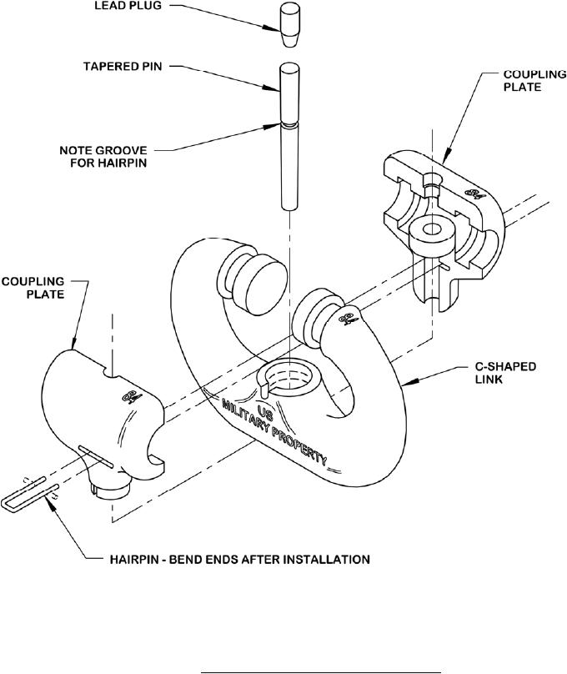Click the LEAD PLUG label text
[x=128, y=6]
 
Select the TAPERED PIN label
[x=123, y=67]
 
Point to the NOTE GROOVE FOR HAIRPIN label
[x=103, y=157]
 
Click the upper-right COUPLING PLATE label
[x=534, y=80]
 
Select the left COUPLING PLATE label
[x=33, y=288]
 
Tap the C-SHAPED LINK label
[x=505, y=373]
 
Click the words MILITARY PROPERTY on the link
[x=274, y=433]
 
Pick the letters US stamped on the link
[x=265, y=412]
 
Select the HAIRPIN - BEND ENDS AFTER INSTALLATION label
[x=239, y=559]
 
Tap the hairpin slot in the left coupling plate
[x=96, y=457]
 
